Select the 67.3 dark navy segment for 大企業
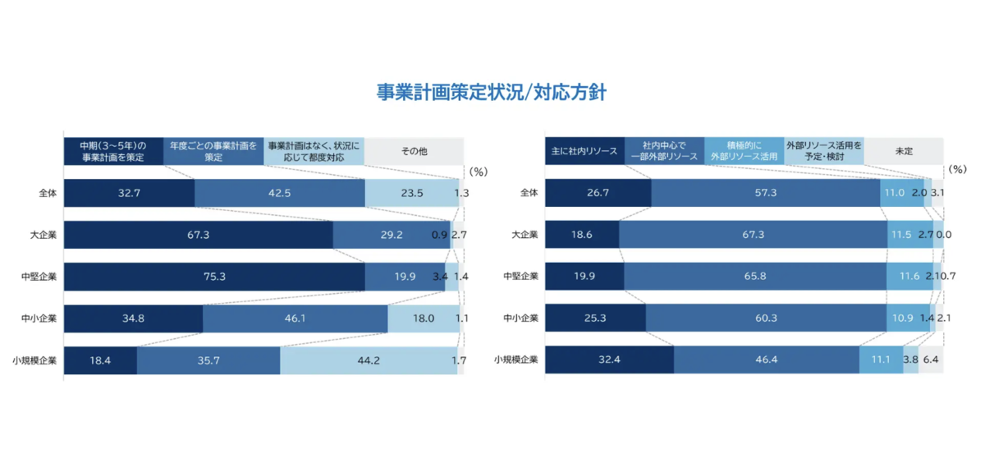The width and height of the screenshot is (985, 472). [199, 235]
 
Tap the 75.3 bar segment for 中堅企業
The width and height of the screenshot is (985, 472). [214, 277]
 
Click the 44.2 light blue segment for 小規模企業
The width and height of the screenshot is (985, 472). [369, 360]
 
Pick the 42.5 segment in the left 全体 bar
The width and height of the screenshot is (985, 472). [279, 193]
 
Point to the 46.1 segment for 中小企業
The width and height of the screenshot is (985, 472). [295, 318]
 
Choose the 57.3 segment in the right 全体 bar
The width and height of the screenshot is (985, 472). [765, 193]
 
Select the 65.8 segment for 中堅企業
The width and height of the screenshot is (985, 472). [755, 277]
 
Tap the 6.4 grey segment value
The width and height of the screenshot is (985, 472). [931, 360]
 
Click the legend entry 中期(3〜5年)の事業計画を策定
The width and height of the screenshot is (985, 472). [113, 151]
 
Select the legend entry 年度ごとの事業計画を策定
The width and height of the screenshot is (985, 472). [213, 151]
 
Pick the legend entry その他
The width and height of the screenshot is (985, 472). [414, 151]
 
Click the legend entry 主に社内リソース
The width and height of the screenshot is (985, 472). [584, 151]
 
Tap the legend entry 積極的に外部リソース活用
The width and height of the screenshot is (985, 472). [744, 151]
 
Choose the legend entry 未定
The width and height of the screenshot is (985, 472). [904, 151]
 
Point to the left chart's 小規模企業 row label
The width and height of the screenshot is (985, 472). [34, 360]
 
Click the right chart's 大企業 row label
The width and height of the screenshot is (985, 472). [525, 235]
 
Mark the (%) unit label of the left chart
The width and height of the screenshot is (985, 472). [478, 172]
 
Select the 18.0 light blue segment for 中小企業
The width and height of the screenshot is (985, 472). [423, 318]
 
